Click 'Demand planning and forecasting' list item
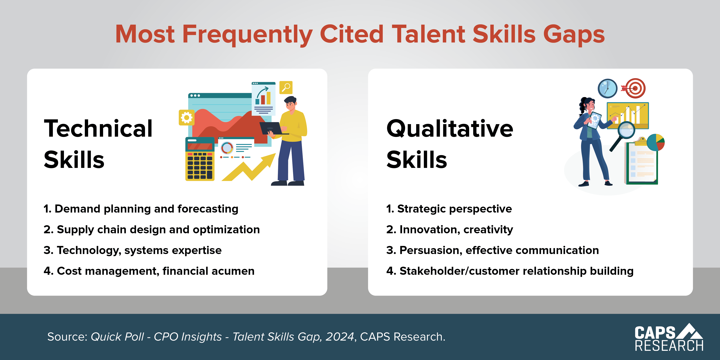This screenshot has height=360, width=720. click(141, 209)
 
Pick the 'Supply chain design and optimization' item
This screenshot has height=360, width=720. click(151, 230)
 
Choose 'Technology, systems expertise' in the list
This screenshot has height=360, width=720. click(132, 250)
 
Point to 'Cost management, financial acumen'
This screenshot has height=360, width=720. click(149, 271)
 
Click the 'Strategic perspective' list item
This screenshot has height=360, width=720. click(449, 209)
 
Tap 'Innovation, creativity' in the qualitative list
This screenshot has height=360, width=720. click(449, 230)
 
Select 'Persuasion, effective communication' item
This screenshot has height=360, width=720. click(492, 250)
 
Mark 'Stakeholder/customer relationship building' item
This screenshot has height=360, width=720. click(510, 271)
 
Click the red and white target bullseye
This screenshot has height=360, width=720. click(635, 88)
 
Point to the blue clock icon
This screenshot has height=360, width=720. click(607, 88)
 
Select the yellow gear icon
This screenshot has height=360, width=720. click(186, 117)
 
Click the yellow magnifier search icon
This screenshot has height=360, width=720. click(286, 88)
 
